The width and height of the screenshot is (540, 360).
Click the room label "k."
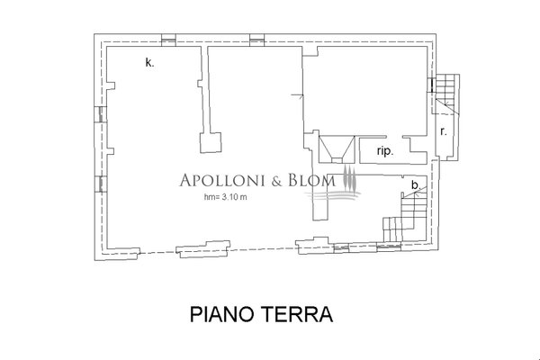point(149,63)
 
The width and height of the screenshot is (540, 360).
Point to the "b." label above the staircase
point(414,185)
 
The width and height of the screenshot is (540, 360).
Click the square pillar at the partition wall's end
point(213,143)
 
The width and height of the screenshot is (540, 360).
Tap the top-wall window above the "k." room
point(167,40)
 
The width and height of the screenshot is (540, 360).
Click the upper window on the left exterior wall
point(99,113)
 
